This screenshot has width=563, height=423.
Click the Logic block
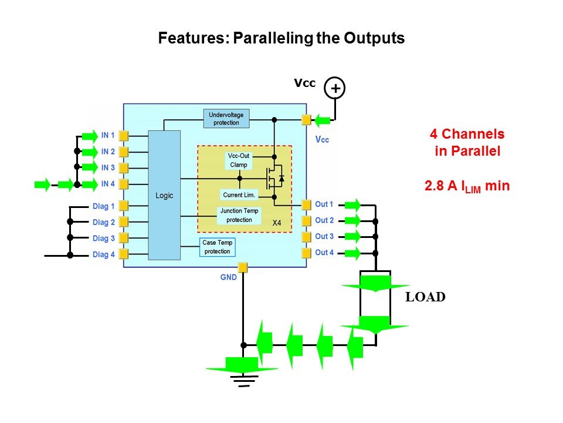click(x=164, y=195)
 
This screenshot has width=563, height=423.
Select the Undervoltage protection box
click(x=226, y=119)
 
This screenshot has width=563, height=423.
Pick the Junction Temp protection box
click(x=239, y=216)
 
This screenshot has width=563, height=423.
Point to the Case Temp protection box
click(x=218, y=247)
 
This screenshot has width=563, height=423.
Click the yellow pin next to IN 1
click(x=124, y=136)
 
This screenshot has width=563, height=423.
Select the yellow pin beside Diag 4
click(x=124, y=255)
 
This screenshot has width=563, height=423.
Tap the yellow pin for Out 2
click(x=306, y=221)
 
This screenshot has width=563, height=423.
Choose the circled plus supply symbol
click(x=335, y=88)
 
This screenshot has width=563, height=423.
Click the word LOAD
click(x=425, y=297)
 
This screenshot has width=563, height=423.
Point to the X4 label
click(x=277, y=224)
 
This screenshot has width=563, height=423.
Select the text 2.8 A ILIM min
click(x=467, y=186)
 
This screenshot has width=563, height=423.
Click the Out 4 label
click(x=324, y=253)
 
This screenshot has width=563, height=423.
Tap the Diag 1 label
click(x=103, y=206)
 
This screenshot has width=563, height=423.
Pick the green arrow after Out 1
click(x=352, y=204)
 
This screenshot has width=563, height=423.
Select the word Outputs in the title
click(x=374, y=39)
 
